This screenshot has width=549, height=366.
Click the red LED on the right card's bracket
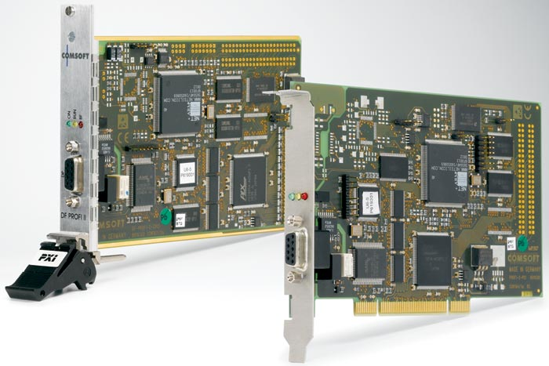[x=304, y=194]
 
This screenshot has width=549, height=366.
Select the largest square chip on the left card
[x=180, y=102]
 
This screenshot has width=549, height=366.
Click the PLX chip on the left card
[x=249, y=179]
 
